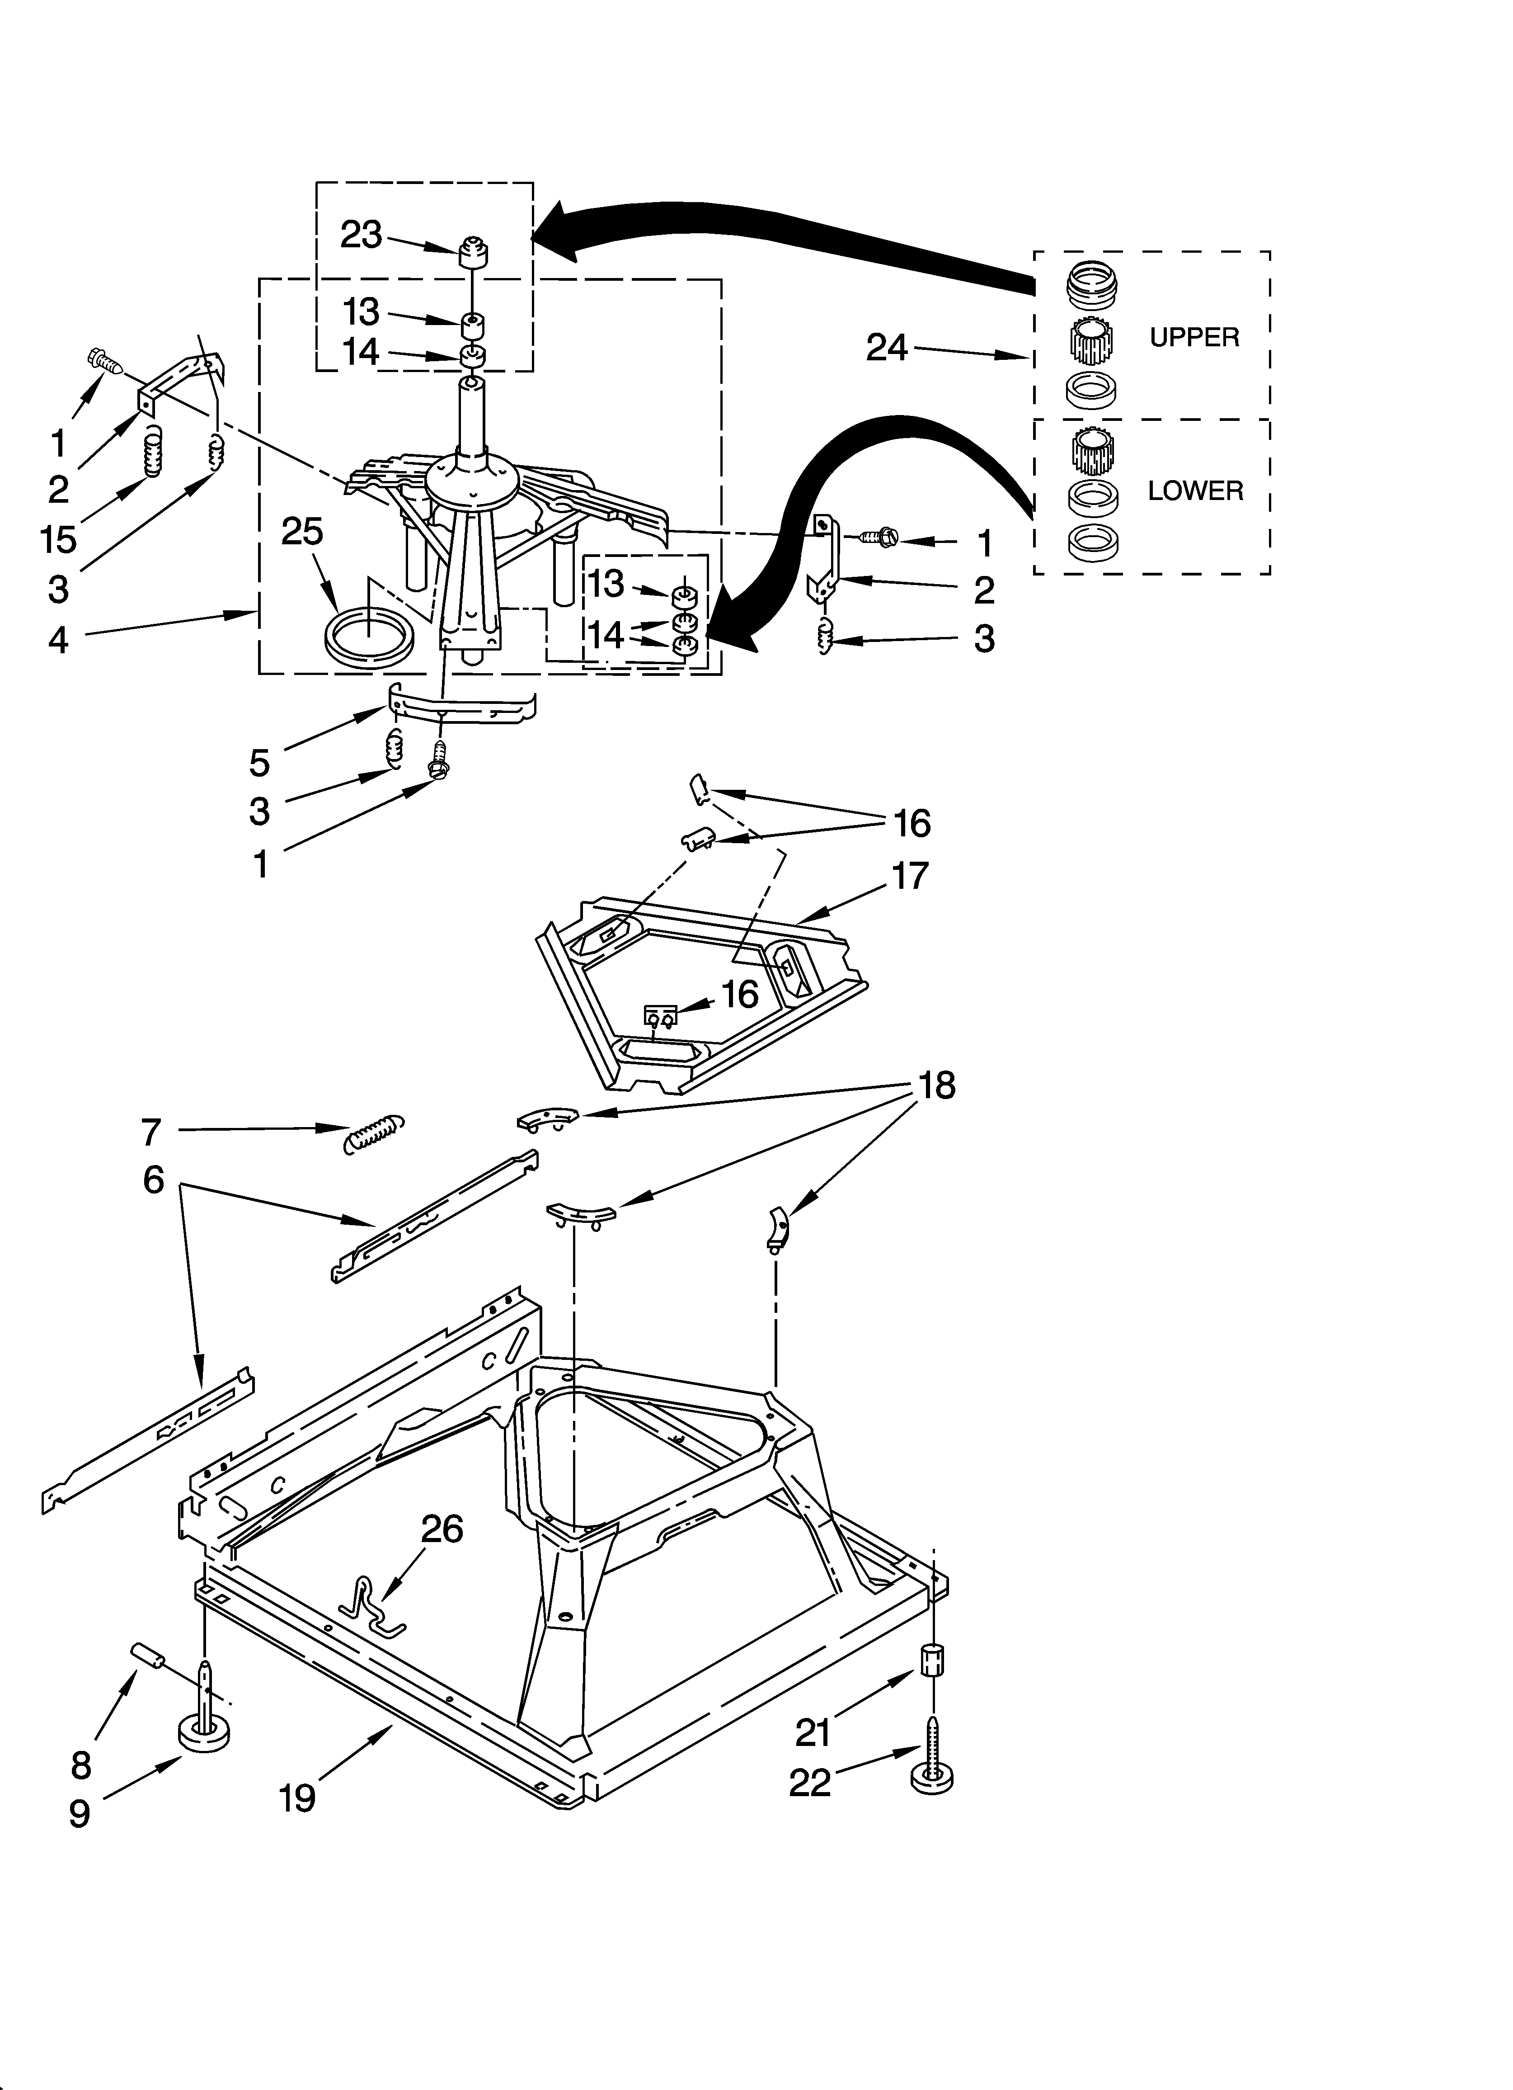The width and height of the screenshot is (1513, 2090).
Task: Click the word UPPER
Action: (1194, 337)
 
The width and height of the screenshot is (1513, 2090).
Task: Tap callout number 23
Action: (361, 235)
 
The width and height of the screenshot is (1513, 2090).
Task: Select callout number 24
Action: (886, 347)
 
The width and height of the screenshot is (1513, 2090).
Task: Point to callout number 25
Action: (302, 532)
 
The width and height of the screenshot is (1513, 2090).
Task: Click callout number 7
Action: (151, 1132)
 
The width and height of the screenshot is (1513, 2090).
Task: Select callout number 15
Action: (58, 540)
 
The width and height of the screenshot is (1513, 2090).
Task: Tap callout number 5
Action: (260, 763)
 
